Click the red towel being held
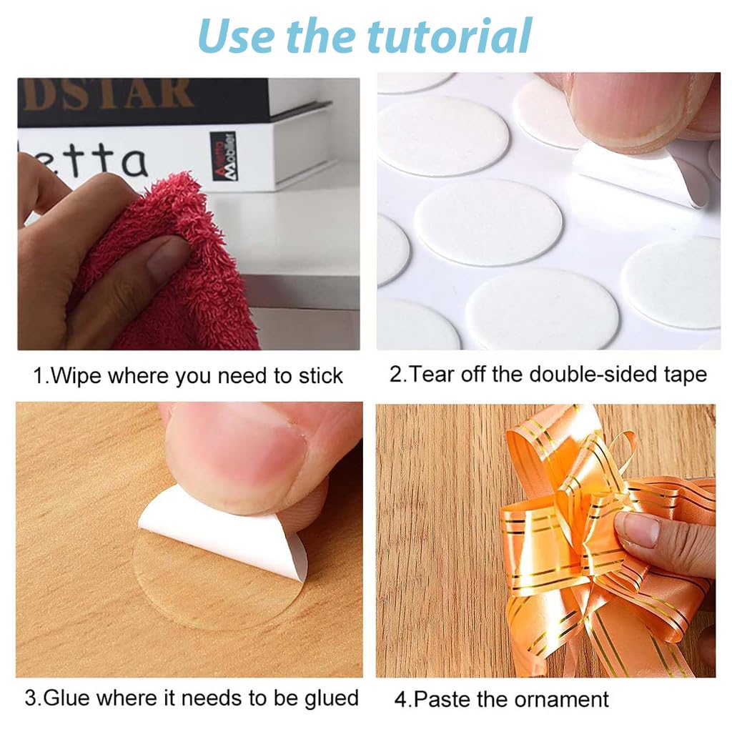179,272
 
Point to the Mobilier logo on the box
222,156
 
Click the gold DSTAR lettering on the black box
107,94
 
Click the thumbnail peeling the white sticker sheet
629,107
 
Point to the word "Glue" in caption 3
71,698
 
